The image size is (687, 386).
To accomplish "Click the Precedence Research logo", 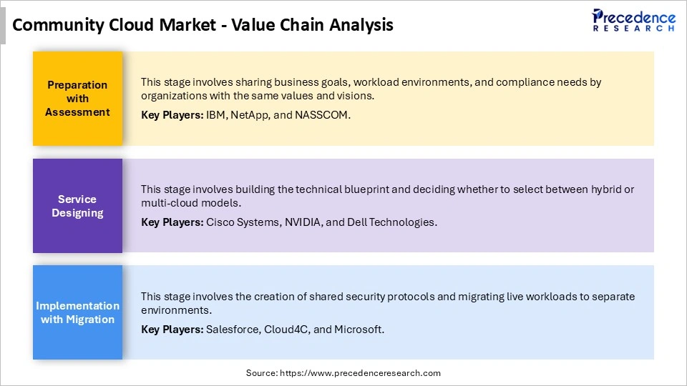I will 633,20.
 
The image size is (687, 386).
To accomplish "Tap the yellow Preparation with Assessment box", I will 77,99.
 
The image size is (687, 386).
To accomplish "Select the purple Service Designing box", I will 77,206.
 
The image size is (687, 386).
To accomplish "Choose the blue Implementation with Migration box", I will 77,312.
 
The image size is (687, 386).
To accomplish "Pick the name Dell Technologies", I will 391,222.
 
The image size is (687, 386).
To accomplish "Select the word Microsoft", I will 360,330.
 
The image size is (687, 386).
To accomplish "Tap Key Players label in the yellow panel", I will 172,114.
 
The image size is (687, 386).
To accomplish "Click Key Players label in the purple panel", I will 172,222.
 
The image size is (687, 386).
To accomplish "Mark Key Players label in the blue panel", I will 172,330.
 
